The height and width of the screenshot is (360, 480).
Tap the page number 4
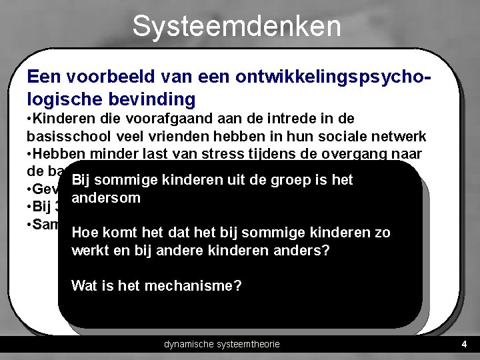(464, 345)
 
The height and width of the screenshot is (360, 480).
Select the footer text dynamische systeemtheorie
(222, 345)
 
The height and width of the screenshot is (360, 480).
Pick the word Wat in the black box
(84, 286)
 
